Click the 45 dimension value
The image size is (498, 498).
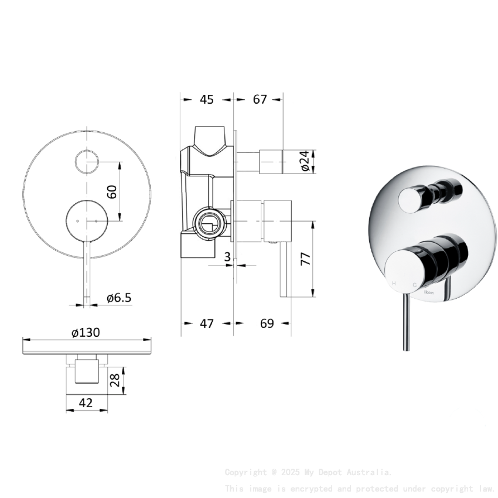pos(206,100)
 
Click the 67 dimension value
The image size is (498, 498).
pos(260,100)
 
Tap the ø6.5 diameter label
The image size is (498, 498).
pos(119,298)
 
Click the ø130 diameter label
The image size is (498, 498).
pos(86,333)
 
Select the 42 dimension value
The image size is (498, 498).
pos(86,403)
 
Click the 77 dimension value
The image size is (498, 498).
pos(305,259)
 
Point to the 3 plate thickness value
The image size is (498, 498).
pos(227,255)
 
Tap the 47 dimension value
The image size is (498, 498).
pos(206,323)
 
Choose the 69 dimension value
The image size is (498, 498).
pos(267,323)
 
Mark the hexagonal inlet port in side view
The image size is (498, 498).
pos(207,222)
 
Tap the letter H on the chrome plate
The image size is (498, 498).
pos(394,284)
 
